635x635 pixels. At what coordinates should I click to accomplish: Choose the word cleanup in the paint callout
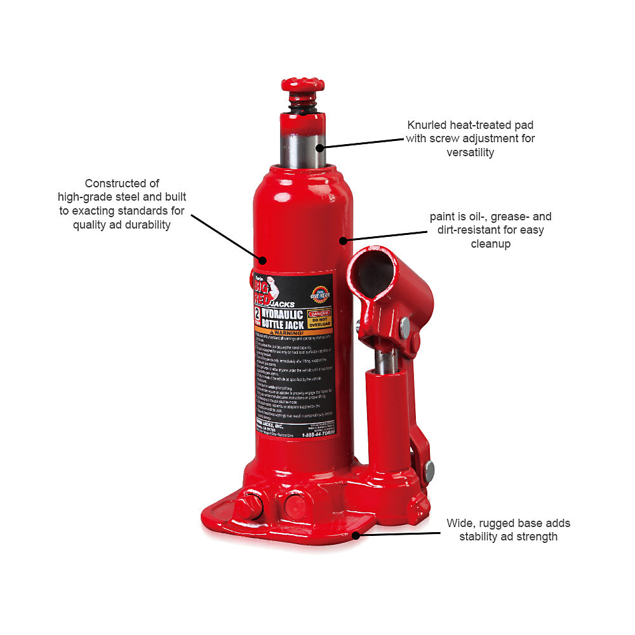[x=490, y=243]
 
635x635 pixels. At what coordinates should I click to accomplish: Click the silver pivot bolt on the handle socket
[x=404, y=328]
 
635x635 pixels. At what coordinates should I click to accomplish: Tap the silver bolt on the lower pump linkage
[x=429, y=471]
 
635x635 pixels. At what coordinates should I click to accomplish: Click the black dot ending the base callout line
[x=356, y=535]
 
